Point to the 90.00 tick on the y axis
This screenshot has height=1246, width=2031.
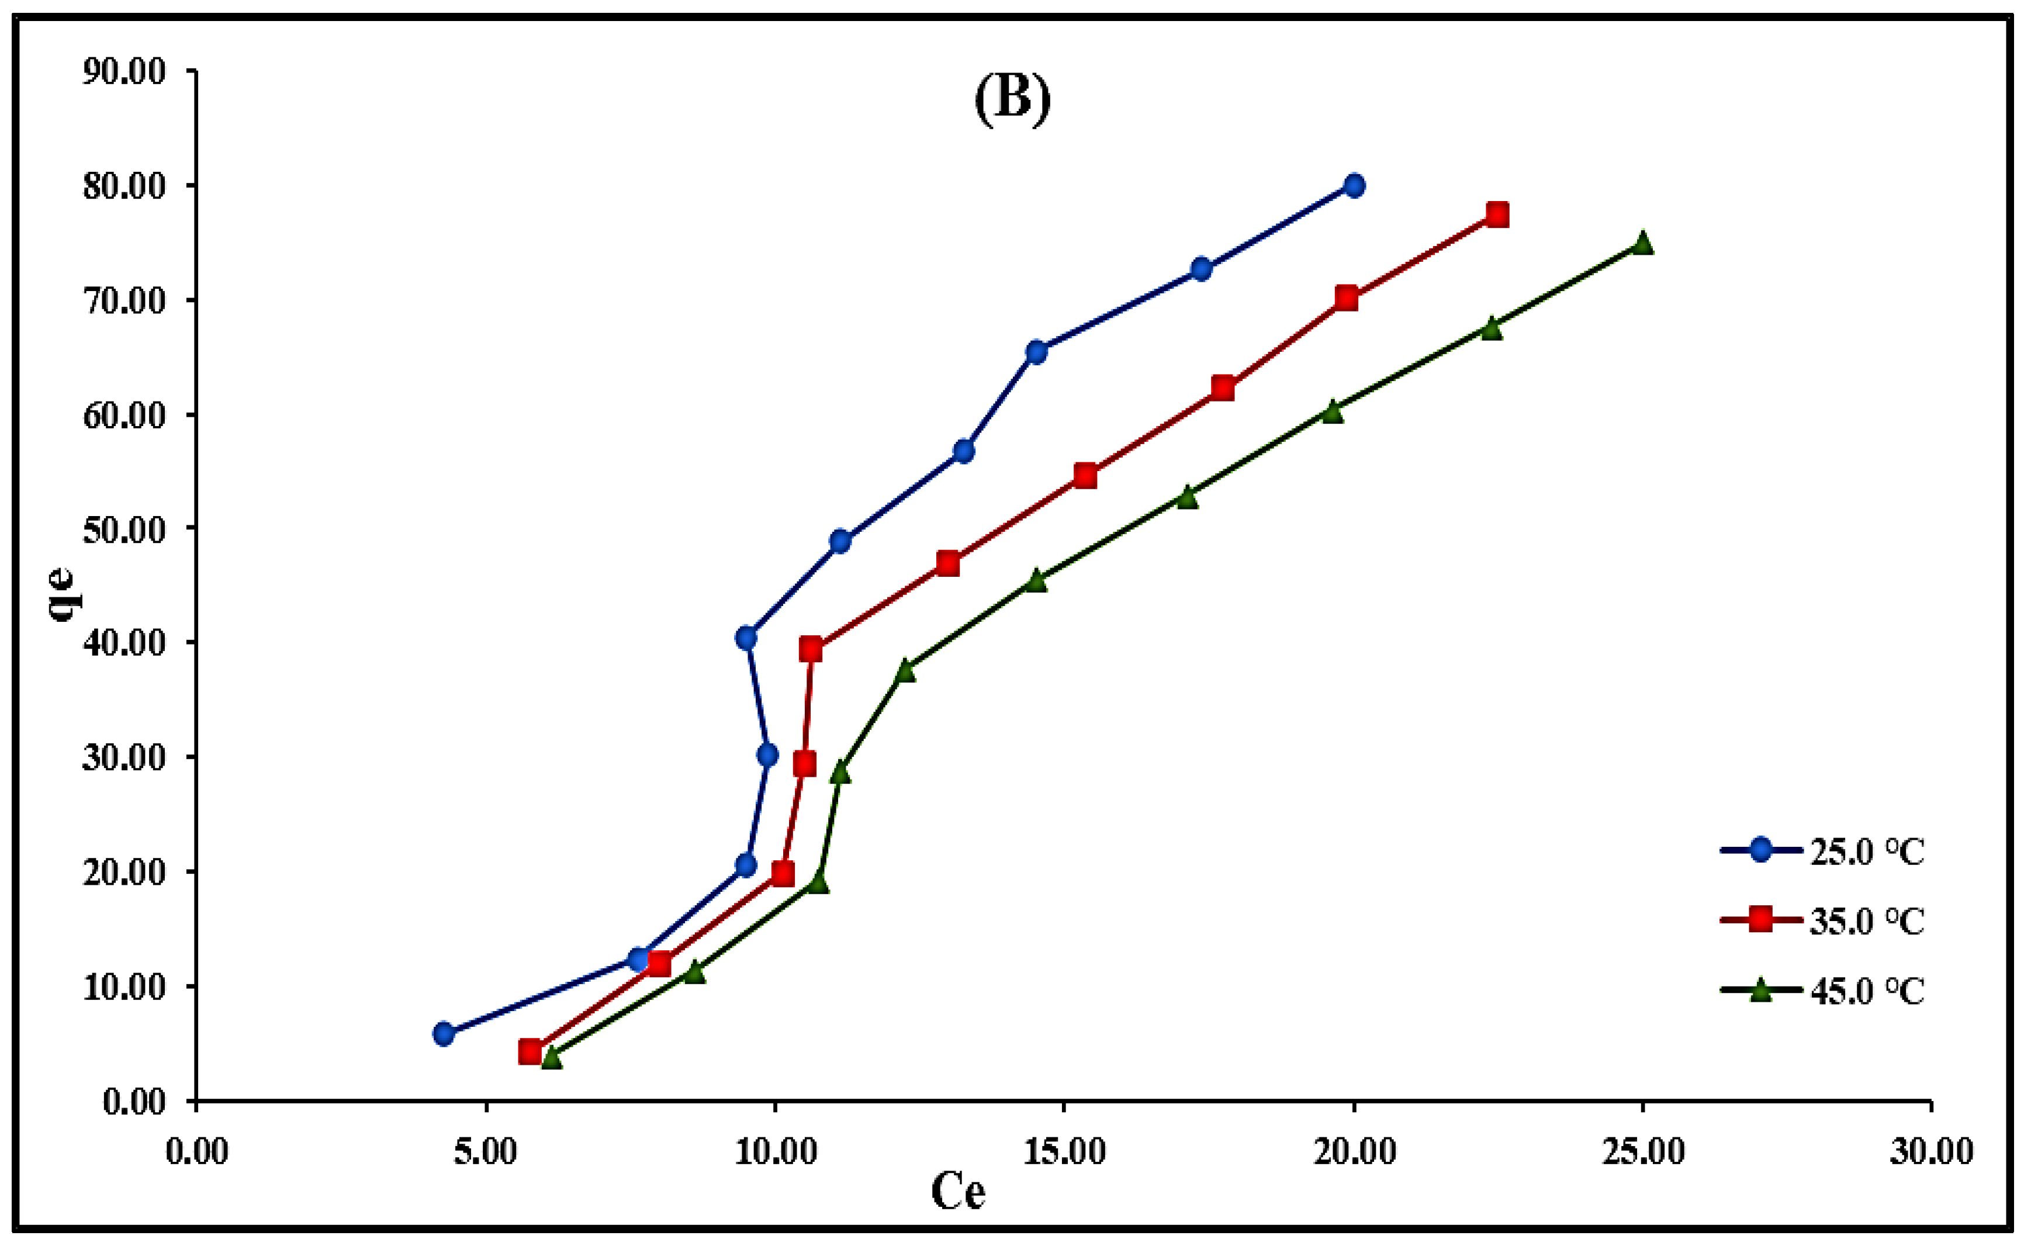click(124, 72)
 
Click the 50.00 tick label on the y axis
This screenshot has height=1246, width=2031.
click(124, 530)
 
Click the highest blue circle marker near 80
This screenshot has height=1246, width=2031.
click(1354, 185)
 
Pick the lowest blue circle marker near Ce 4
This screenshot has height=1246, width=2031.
click(444, 1033)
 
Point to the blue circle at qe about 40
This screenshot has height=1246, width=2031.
click(746, 638)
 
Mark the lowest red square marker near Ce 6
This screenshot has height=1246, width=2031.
click(530, 1051)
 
